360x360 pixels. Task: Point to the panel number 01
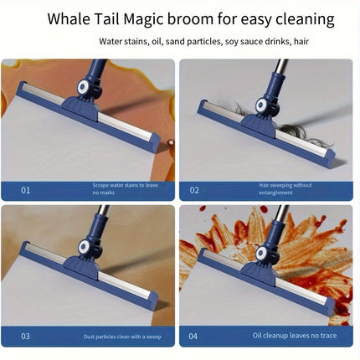click(25, 190)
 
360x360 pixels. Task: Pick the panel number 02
click(194, 190)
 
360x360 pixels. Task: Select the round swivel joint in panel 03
click(84, 246)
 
